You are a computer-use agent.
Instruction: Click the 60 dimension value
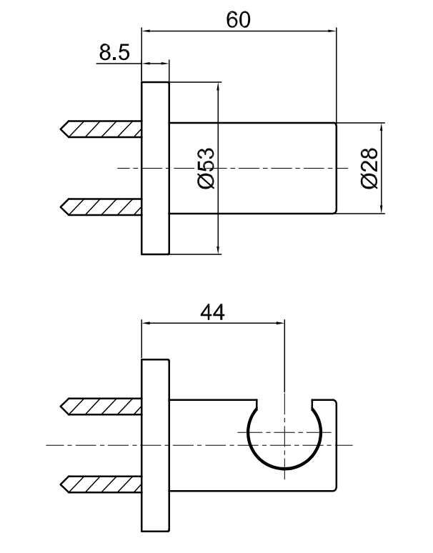(x=239, y=20)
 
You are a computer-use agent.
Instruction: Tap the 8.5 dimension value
(x=114, y=52)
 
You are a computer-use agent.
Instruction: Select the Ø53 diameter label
(x=206, y=168)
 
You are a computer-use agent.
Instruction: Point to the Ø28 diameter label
(x=369, y=168)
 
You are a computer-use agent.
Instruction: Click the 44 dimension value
(x=212, y=312)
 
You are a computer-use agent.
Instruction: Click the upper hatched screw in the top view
(x=101, y=129)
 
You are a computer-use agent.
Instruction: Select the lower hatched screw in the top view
(x=101, y=207)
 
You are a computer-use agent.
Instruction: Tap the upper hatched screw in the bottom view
(x=101, y=407)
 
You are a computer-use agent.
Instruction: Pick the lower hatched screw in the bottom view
(x=101, y=484)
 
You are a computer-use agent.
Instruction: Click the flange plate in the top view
(x=156, y=168)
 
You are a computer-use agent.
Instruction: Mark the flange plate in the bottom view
(x=156, y=445)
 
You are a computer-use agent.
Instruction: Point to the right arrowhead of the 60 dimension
(x=332, y=31)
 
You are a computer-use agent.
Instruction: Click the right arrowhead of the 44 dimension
(x=280, y=323)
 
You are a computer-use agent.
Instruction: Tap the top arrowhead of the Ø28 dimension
(x=382, y=128)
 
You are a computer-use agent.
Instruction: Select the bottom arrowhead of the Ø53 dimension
(x=219, y=249)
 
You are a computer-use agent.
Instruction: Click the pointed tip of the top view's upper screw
(x=61, y=129)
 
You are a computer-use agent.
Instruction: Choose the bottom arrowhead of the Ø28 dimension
(x=382, y=209)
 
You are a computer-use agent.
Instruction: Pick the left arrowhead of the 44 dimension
(x=146, y=323)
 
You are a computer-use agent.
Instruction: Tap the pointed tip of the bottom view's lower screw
(x=61, y=484)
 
